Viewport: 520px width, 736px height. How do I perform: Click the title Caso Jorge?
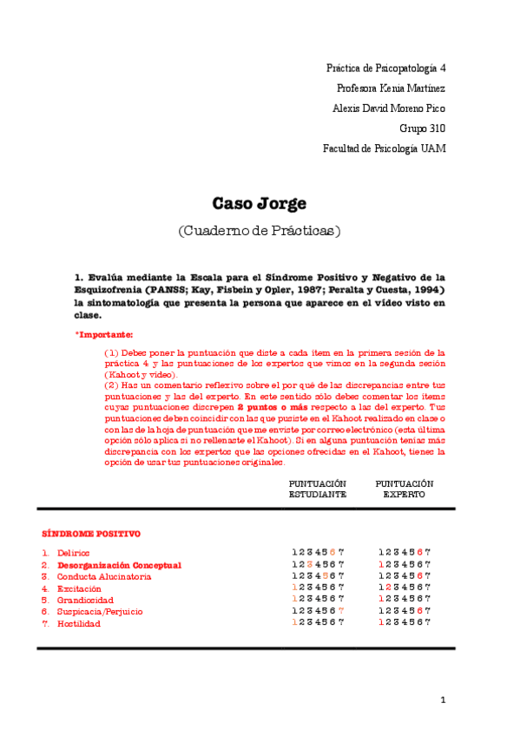point(260,204)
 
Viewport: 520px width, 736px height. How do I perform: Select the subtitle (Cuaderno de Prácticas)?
point(260,232)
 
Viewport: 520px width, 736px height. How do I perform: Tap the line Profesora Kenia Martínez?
point(391,88)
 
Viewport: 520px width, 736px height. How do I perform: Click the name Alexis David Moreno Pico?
point(389,108)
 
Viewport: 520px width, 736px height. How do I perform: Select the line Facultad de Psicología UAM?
point(384,148)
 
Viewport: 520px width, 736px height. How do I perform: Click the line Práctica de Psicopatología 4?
point(385,68)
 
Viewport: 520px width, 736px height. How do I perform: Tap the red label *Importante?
point(104,334)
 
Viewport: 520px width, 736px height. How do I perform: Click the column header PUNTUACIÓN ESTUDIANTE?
point(318,488)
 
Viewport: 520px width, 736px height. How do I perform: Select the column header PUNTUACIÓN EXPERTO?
point(405,488)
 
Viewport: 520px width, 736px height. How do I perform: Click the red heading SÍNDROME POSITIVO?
point(91,533)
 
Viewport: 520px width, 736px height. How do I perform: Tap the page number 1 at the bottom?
point(442,700)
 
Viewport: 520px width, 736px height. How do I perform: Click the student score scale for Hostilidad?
point(318,622)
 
